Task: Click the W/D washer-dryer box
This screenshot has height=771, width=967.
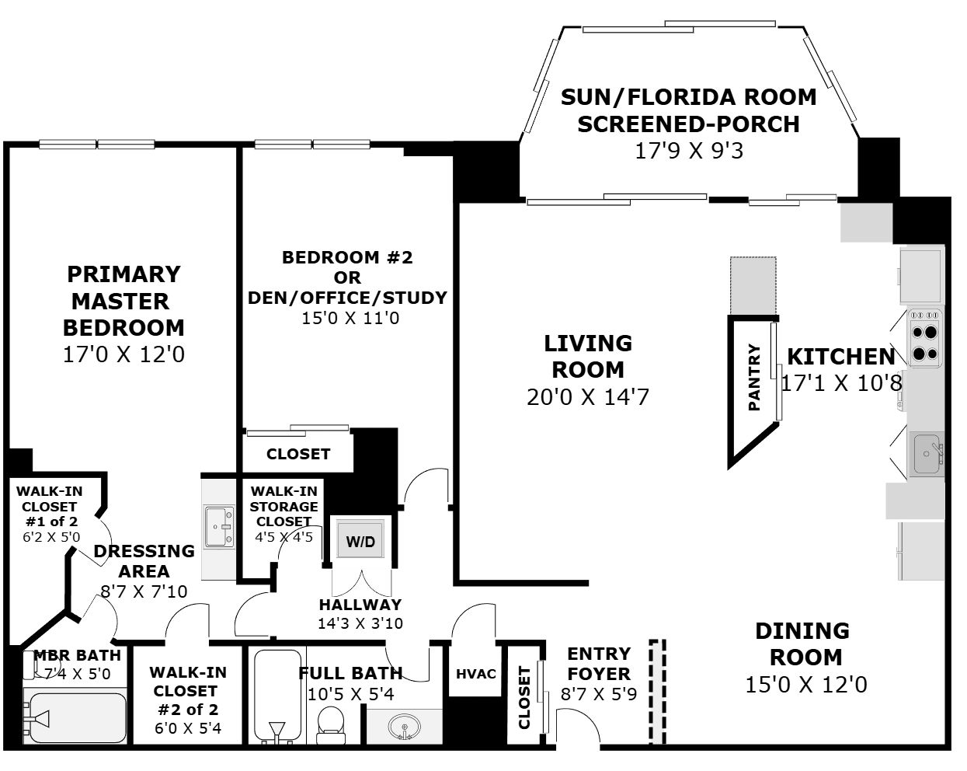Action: coord(361,540)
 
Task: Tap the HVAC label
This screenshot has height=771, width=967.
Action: coord(476,674)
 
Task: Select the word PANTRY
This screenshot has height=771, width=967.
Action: coord(754,377)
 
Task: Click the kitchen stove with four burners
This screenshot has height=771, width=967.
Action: coord(925,338)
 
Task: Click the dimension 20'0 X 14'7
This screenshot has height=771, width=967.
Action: coord(588,397)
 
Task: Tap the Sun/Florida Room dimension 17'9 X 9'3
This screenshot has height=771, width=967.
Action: coord(689,151)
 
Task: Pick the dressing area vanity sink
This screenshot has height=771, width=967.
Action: coord(219,527)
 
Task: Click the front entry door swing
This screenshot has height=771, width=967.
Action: coord(579,724)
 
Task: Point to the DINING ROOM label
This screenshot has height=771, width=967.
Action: coord(803,644)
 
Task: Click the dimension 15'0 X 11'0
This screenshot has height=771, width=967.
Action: coord(350,319)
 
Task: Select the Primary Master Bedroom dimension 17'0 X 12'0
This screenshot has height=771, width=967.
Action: coord(123,354)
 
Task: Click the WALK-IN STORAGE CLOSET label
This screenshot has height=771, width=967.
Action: coord(284,506)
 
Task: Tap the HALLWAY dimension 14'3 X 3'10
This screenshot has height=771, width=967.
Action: coord(360,623)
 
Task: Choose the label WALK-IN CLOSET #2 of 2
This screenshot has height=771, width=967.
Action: coord(187,691)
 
